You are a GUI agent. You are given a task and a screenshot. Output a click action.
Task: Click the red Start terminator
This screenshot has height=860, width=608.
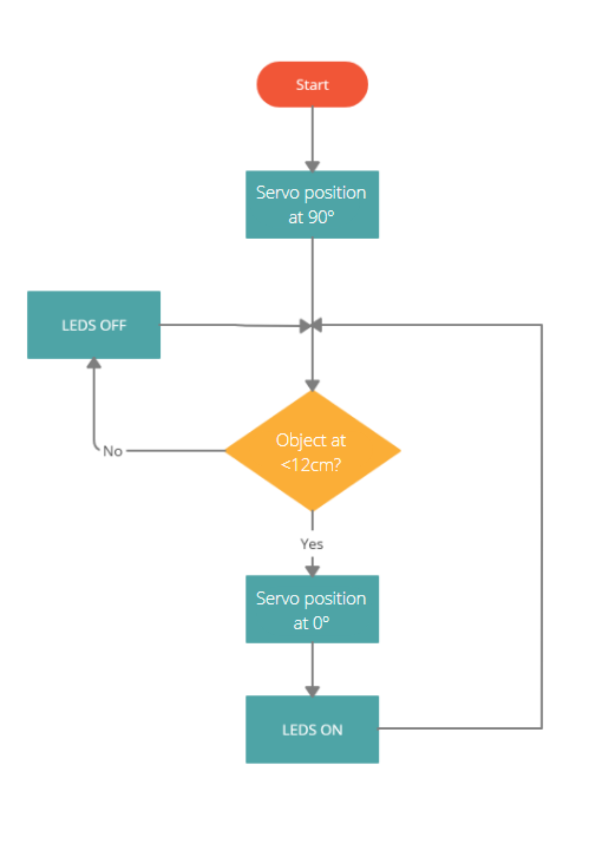(x=312, y=84)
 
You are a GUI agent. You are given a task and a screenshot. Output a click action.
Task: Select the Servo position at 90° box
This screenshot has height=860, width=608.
(x=312, y=205)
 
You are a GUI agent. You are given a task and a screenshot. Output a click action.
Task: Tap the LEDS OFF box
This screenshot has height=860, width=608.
(x=94, y=325)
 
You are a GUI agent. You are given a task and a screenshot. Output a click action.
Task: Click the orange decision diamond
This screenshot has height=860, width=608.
(x=313, y=451)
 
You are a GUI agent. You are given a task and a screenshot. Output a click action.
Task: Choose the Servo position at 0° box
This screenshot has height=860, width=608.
(x=312, y=609)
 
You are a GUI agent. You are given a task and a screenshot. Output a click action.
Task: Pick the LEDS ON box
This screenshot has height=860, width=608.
(x=312, y=730)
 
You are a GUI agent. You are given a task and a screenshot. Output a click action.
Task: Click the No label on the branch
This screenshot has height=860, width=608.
(x=113, y=451)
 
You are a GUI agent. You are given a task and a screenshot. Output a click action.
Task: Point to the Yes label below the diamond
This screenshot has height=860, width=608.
(x=312, y=544)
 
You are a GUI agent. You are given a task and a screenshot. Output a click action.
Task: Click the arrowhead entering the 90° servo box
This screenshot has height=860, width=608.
(x=312, y=166)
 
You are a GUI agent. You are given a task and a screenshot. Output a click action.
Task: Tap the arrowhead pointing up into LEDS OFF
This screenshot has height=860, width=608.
(x=94, y=364)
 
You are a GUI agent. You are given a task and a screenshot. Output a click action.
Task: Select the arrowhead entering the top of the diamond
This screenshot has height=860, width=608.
(x=312, y=385)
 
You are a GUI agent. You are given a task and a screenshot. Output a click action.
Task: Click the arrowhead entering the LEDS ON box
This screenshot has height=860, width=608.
(x=312, y=691)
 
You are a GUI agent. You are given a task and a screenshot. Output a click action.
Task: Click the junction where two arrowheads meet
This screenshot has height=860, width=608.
(x=312, y=326)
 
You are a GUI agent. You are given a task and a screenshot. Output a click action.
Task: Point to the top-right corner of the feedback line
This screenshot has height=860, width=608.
(x=542, y=325)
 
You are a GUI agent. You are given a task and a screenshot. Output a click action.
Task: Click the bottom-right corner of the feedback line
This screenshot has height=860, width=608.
(x=542, y=728)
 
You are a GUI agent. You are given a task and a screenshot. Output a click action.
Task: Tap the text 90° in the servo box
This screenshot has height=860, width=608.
(x=321, y=218)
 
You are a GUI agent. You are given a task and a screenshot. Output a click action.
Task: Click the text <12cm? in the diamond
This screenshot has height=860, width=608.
(x=310, y=465)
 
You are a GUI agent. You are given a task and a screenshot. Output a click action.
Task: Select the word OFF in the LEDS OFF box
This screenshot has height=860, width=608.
(x=114, y=326)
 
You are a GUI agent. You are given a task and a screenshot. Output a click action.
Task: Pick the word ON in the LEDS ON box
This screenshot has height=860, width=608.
(x=332, y=730)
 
